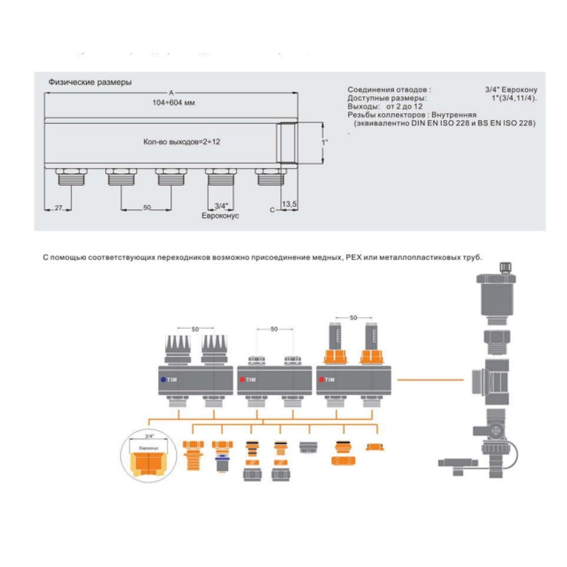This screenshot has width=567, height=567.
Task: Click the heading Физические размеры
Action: [x=90, y=82]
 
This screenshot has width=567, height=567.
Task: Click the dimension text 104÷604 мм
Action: [x=173, y=103]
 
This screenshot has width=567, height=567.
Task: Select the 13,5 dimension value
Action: [x=289, y=204]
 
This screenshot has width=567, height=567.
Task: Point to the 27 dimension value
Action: [x=58, y=207]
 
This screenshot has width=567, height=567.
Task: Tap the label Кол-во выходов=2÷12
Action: [x=181, y=142]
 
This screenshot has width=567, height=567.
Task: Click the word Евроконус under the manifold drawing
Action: [x=220, y=215]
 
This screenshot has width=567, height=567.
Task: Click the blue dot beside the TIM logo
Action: [x=163, y=379]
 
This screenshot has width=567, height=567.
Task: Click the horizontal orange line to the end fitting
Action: [x=430, y=379]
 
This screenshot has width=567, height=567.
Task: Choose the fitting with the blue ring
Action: [x=222, y=456]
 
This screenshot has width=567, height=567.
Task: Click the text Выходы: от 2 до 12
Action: [x=385, y=106]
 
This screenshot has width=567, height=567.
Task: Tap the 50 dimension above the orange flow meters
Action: [x=353, y=318]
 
